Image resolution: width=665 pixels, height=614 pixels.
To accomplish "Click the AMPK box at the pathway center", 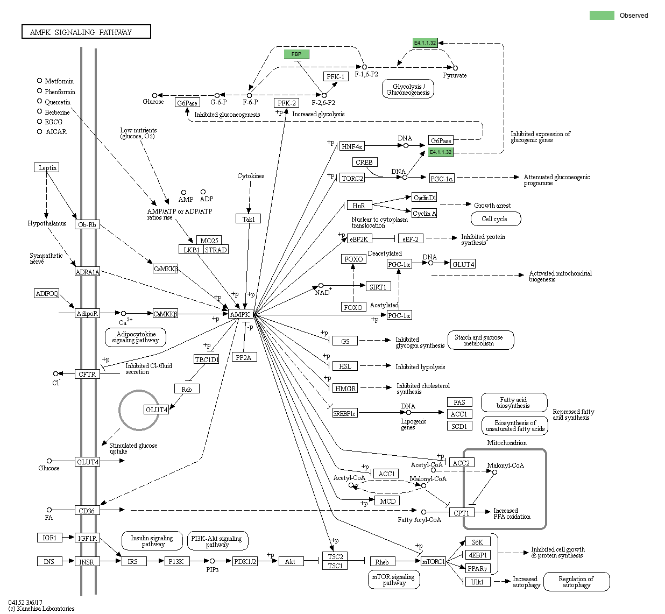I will click(240, 314).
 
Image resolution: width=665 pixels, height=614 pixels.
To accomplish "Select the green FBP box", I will click(296, 54).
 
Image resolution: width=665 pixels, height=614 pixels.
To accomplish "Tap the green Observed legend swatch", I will click(602, 15).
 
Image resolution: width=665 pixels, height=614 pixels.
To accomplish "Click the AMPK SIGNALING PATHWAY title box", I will click(86, 32).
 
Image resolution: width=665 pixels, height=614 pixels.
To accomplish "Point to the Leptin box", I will click(47, 167).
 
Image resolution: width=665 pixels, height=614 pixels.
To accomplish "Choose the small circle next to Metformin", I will click(39, 81).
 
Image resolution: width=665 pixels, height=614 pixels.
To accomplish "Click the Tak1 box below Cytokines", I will click(248, 219).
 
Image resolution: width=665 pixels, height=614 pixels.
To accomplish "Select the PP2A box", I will click(244, 357).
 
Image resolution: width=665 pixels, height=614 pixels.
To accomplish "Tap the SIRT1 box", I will click(378, 287).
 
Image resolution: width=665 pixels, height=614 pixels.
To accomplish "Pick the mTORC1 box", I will click(433, 561).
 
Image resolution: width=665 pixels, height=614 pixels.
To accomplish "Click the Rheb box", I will click(382, 562).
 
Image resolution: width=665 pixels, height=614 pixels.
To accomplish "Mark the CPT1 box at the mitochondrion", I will click(461, 513).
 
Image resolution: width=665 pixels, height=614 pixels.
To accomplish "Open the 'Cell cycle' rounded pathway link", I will click(495, 219).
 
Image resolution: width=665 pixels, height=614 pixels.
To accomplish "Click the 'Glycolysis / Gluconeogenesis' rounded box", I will click(408, 89).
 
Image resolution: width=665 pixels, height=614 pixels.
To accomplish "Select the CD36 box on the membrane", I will click(87, 510).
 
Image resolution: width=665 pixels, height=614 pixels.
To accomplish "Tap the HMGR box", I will click(345, 389).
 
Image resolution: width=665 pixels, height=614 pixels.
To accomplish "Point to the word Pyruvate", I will click(455, 75).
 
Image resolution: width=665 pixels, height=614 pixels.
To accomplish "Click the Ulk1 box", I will click(477, 582).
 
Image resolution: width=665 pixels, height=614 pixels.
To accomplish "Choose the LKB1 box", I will click(191, 250).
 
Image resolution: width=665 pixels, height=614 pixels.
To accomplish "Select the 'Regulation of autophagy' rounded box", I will click(576, 582).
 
